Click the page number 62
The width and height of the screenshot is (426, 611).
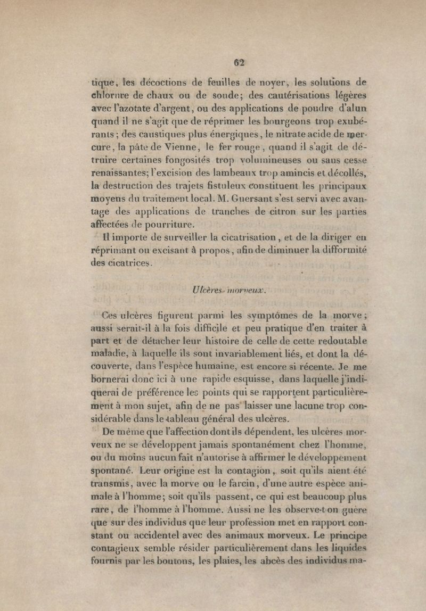241,62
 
